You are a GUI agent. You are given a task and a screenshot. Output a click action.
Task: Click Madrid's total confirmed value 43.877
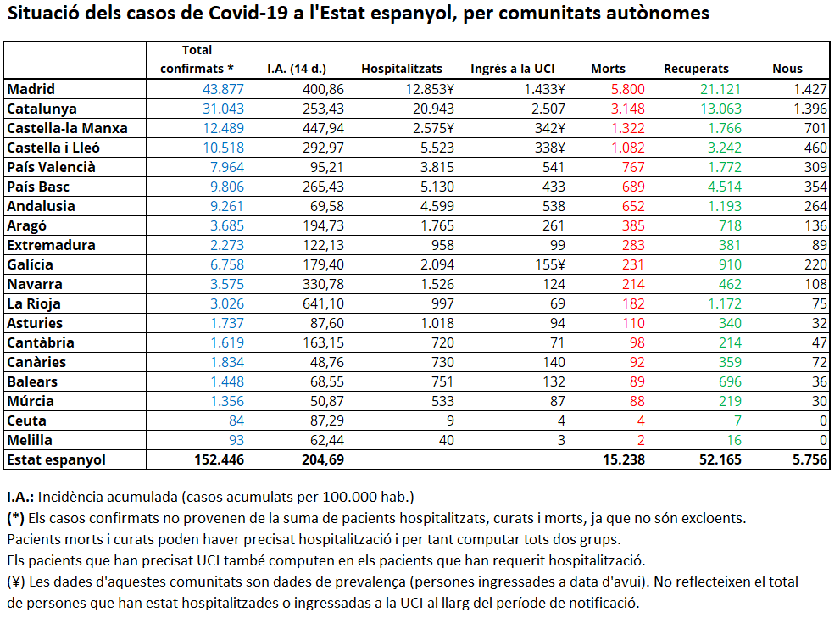click(x=223, y=89)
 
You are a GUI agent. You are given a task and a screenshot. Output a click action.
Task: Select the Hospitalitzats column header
click(x=402, y=69)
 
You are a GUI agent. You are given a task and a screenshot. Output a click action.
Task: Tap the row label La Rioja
click(x=34, y=303)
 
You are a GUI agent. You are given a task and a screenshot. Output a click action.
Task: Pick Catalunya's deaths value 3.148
click(x=628, y=109)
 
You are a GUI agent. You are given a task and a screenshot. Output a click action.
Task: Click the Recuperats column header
click(x=696, y=70)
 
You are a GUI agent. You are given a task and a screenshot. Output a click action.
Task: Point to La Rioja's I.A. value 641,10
click(x=323, y=303)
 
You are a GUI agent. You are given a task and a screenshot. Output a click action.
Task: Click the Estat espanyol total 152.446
click(x=219, y=459)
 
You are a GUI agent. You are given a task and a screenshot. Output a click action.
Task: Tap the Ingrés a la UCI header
click(x=513, y=69)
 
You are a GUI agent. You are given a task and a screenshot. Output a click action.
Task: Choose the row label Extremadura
click(x=51, y=245)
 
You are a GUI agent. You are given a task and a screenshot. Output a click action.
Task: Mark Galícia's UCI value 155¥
click(x=549, y=264)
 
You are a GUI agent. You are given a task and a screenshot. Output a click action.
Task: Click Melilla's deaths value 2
click(x=641, y=440)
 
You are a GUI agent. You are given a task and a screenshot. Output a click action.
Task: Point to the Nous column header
click(x=787, y=70)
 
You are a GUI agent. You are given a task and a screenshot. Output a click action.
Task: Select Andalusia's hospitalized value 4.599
click(x=437, y=206)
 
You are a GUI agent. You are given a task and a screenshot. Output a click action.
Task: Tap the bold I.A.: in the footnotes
click(x=20, y=497)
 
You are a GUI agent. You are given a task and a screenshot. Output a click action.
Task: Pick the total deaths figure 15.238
click(x=624, y=459)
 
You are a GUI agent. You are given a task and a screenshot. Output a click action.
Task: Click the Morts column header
click(x=608, y=70)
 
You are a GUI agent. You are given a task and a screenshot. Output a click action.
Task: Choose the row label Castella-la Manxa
click(x=67, y=128)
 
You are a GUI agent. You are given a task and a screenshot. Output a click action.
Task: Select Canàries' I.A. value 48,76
click(x=327, y=362)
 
